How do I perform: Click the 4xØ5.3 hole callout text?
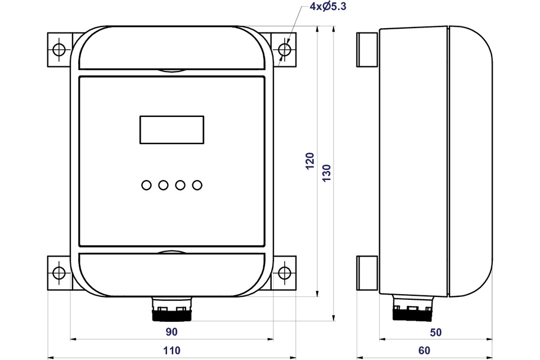pos(327,7)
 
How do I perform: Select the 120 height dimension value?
pos(310,161)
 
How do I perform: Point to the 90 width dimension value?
pos(172,332)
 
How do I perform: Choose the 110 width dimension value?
pos(172,350)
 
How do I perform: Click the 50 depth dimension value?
pos(435,332)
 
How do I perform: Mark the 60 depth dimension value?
pos(424,350)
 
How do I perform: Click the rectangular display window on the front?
pos(172,129)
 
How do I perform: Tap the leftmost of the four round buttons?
pos(146,185)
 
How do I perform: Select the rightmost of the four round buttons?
pos(197,185)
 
